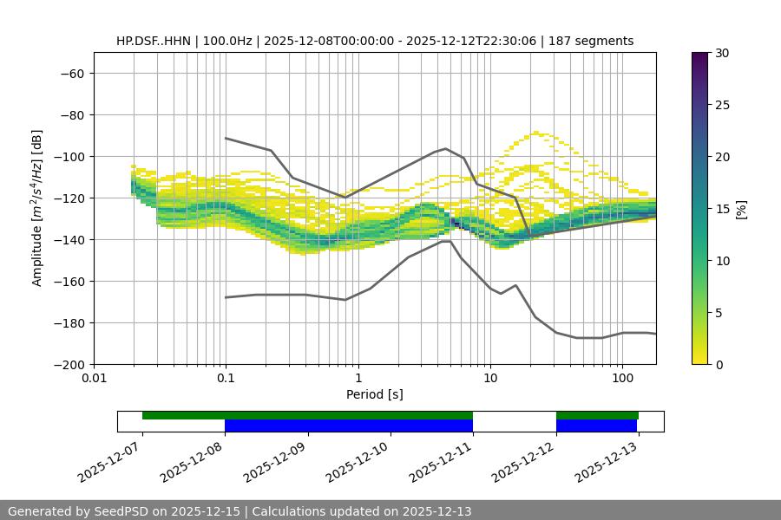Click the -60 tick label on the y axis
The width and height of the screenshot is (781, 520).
click(x=71, y=73)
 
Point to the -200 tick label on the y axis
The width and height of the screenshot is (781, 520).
click(x=68, y=364)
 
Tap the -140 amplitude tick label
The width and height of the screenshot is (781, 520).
click(x=68, y=239)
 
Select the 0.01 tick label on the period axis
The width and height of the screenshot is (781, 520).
click(x=94, y=379)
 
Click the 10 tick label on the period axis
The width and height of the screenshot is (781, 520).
click(x=490, y=379)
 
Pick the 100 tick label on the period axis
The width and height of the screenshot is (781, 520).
click(x=622, y=379)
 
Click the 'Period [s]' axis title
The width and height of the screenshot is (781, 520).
click(x=375, y=394)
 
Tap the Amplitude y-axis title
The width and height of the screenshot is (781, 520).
click(x=37, y=208)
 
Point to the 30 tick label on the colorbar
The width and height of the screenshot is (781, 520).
click(x=722, y=53)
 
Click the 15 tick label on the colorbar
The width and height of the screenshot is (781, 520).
click(x=722, y=209)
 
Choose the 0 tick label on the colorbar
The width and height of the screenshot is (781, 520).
click(x=719, y=364)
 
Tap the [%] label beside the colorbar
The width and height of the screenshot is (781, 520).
click(x=741, y=209)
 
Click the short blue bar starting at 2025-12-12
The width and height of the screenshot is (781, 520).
click(x=596, y=426)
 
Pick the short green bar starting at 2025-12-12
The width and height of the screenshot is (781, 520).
click(x=597, y=415)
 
